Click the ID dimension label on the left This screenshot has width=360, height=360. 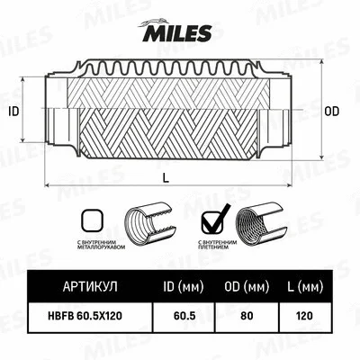(13, 112)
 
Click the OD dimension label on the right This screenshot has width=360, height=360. (330, 112)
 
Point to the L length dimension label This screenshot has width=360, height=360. (166, 178)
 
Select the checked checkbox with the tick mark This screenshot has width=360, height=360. (212, 218)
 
